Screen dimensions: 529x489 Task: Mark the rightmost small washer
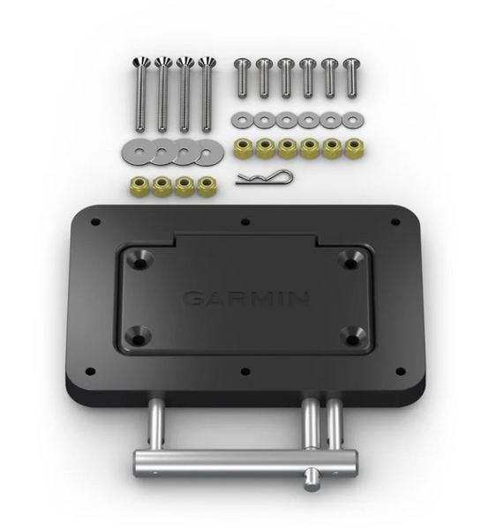coord(354,119)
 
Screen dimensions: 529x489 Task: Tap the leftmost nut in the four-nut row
coord(139,186)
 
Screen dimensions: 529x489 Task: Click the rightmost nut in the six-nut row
coord(355,146)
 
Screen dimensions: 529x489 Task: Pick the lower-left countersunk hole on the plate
coord(141,336)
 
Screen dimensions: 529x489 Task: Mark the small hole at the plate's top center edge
coord(244,222)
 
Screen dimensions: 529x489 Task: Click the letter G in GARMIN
coord(192,298)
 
